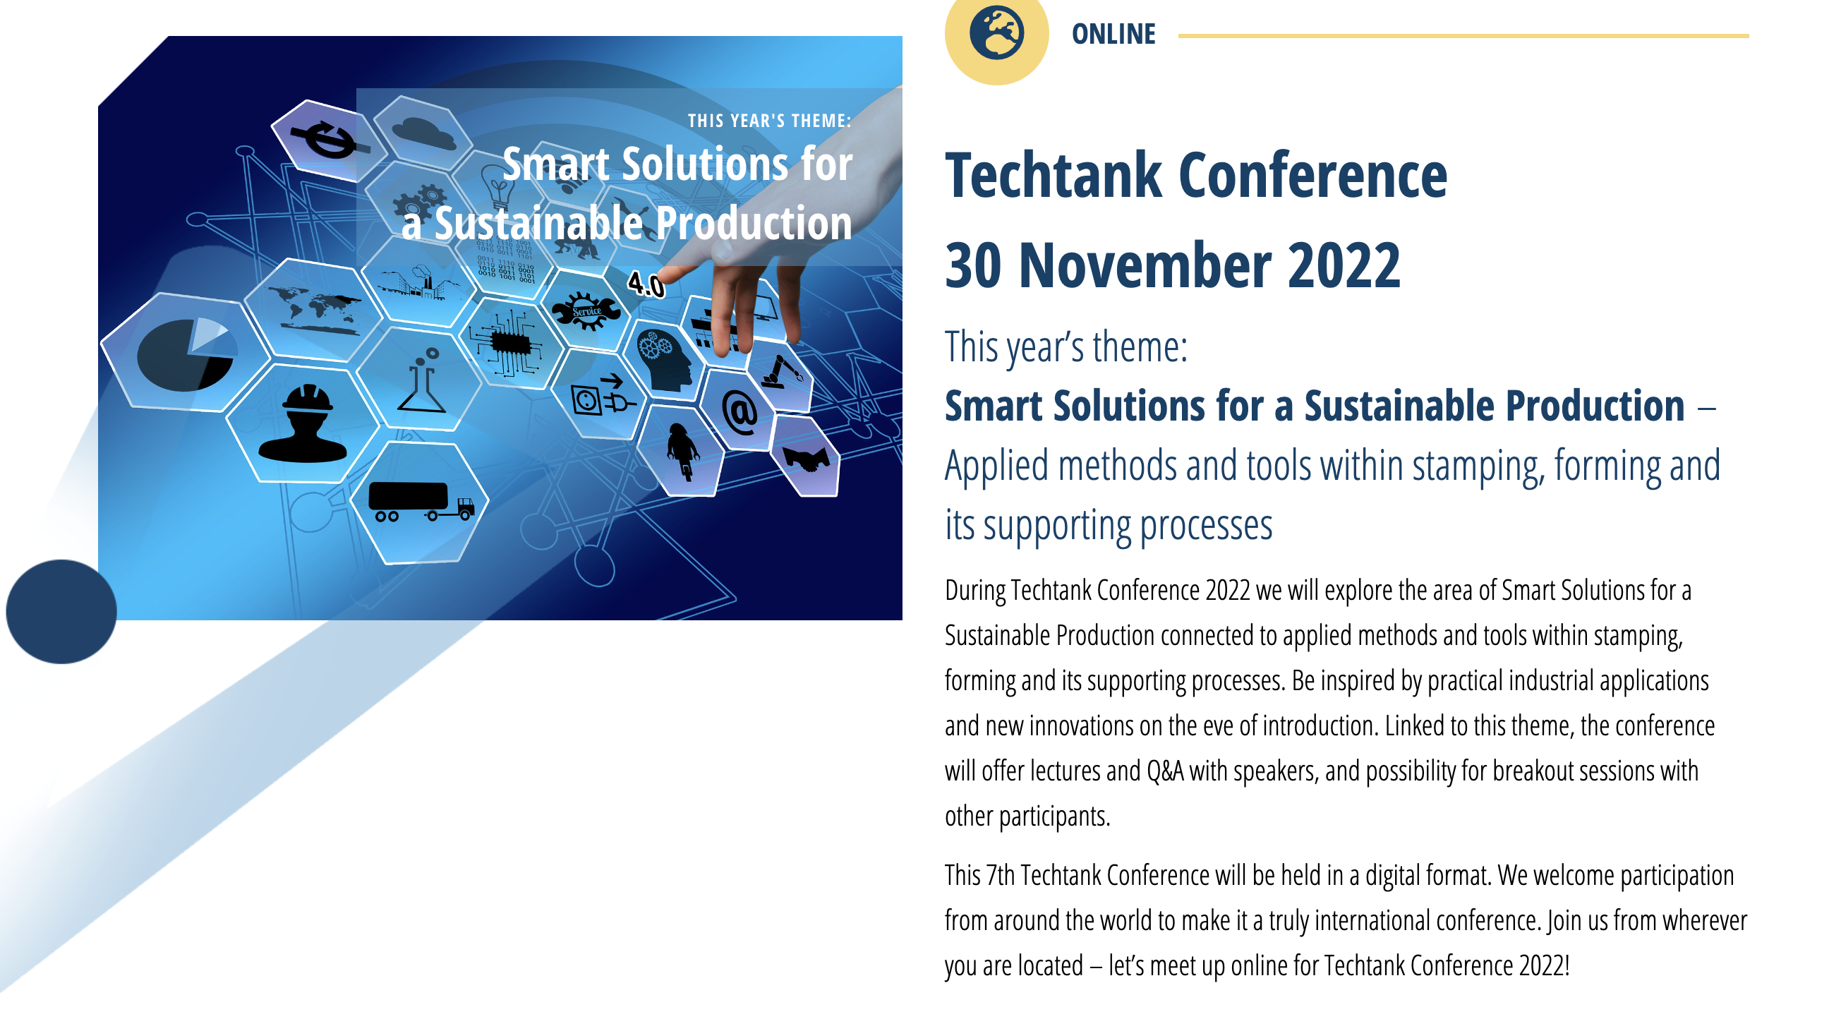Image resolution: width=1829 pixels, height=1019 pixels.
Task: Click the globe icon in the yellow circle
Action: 996,32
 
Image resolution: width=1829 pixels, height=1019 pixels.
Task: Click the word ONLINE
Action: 1113,34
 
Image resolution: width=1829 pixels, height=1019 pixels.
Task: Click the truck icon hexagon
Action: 420,502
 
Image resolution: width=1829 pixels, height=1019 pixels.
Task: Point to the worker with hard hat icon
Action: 303,423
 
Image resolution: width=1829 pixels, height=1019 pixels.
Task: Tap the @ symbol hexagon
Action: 739,411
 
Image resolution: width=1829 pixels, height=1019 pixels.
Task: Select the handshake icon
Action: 806,458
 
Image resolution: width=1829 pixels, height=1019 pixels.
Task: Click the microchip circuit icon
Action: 508,344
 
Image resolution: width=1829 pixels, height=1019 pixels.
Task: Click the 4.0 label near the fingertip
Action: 646,285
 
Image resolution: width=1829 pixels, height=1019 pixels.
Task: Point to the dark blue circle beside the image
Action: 61,611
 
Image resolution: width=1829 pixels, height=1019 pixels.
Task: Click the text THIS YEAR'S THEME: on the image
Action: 769,121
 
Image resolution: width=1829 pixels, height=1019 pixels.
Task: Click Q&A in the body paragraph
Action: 1165,771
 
